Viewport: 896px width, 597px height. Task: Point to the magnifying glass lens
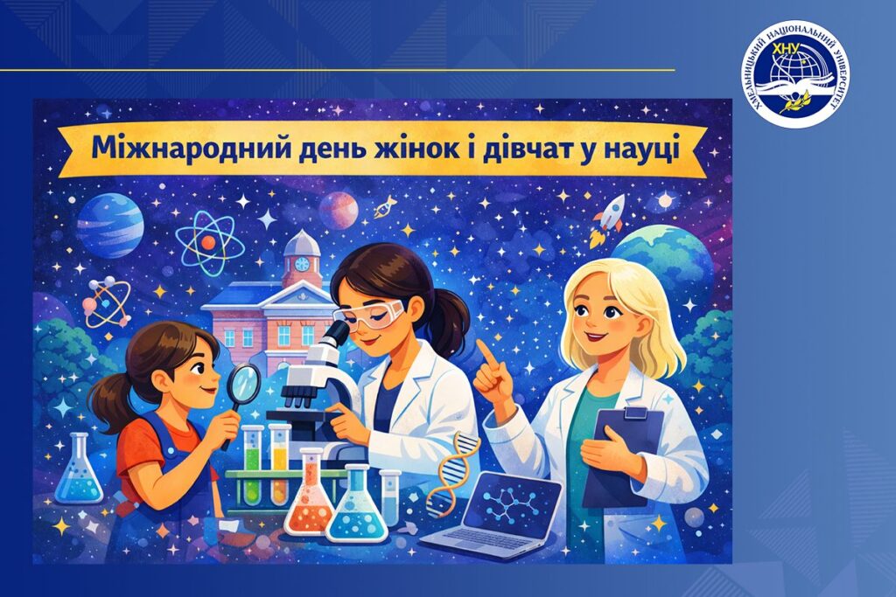(x=244, y=383)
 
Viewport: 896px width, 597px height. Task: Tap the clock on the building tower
(x=301, y=263)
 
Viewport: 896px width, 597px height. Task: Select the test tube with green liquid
(x=253, y=465)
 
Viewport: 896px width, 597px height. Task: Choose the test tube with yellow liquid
(x=279, y=463)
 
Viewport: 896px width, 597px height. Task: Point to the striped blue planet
(x=109, y=225)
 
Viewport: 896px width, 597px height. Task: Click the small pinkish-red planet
(x=339, y=210)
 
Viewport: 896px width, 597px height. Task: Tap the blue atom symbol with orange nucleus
(x=209, y=243)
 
